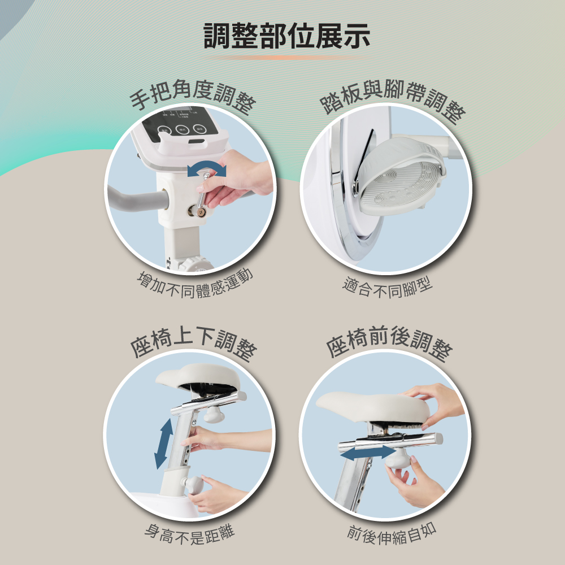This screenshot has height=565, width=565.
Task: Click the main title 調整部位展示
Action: tap(287, 36)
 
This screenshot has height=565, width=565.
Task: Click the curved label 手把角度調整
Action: tap(193, 95)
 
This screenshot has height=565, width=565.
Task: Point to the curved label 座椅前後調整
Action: tap(389, 342)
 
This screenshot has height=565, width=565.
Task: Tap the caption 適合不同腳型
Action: tap(388, 288)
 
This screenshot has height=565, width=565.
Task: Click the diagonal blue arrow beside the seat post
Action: tap(164, 444)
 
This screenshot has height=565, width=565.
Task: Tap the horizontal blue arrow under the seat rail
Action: tap(368, 453)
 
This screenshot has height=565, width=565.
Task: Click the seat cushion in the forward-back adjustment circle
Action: tap(373, 407)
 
